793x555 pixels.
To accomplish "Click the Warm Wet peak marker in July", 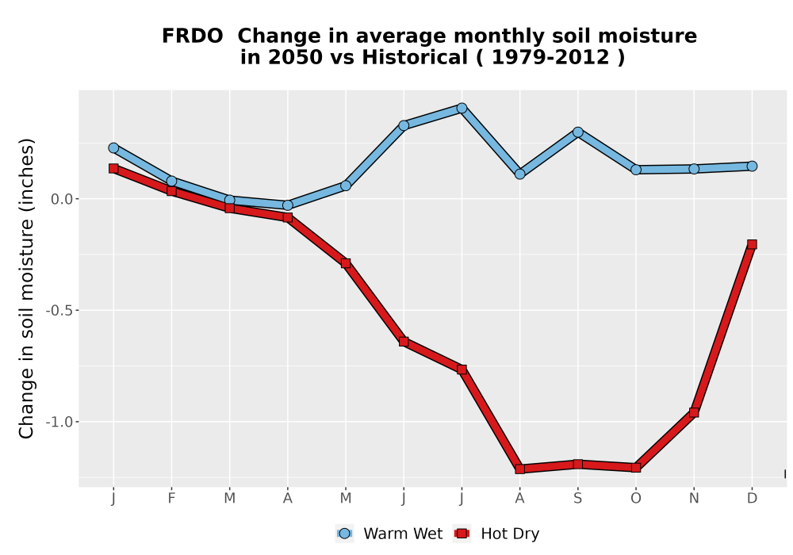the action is tap(462, 108).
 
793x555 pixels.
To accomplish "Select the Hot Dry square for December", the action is tap(752, 245).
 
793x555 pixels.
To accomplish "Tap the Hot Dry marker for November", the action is tap(694, 413).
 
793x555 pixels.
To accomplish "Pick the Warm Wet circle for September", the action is tap(577, 132).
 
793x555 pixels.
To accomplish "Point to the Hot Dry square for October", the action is tap(636, 468).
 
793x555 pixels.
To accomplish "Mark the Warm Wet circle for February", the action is tap(171, 181).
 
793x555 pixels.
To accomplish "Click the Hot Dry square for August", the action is tap(520, 469).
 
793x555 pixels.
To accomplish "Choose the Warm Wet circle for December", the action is tap(752, 166).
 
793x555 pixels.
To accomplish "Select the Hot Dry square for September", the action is tap(577, 464).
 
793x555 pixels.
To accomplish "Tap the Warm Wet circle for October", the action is tap(636, 170).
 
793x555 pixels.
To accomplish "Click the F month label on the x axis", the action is tap(171, 499).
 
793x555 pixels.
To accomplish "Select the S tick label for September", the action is tap(577, 499).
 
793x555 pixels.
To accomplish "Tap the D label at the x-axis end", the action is tap(752, 499).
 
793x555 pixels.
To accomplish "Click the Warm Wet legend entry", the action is tap(389, 534).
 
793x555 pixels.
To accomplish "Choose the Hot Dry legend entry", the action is tap(496, 534).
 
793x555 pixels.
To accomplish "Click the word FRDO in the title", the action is tap(192, 36).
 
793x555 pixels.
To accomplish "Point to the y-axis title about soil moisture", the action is tap(26, 288).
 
